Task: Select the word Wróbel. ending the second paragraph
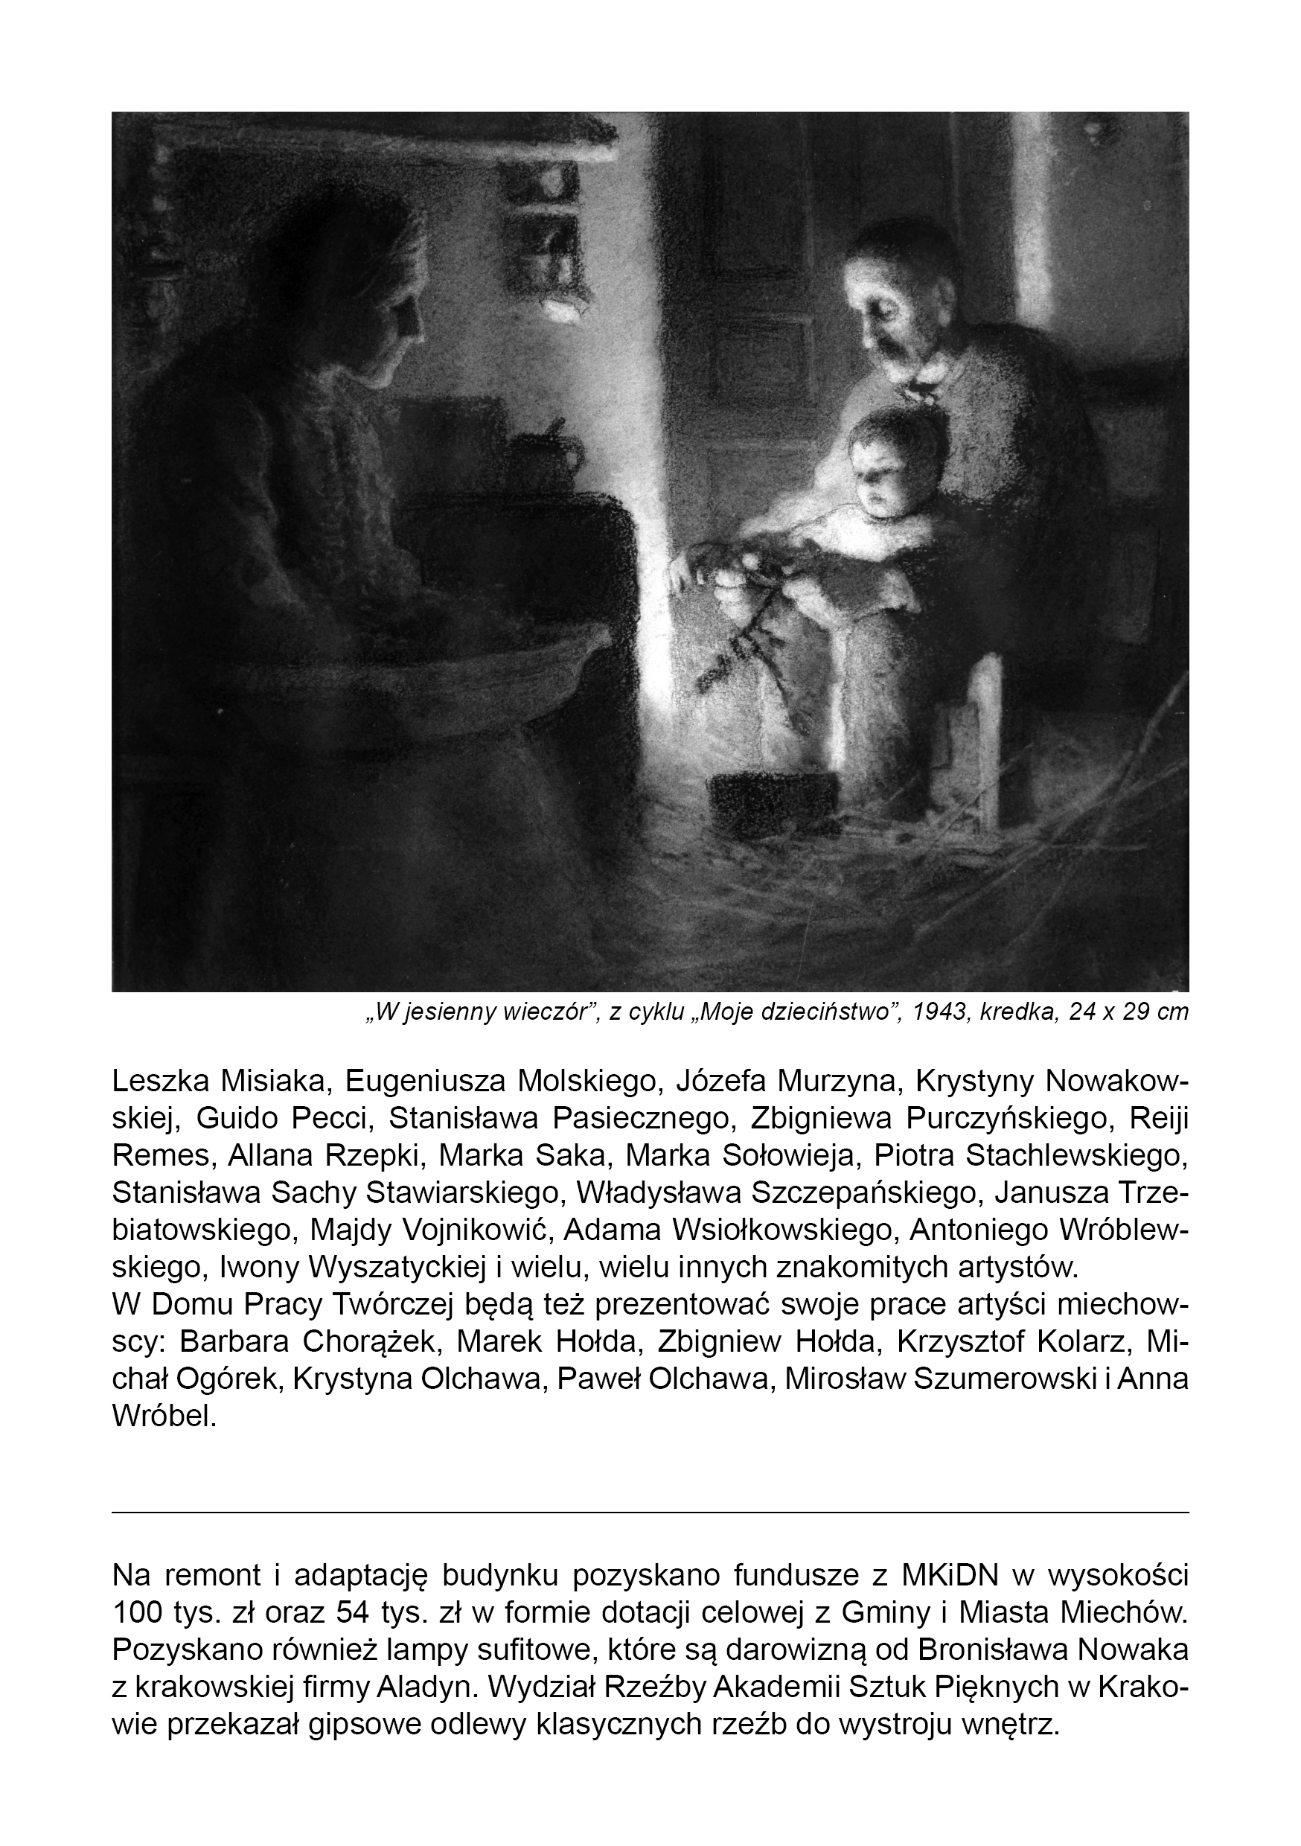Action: click(164, 1415)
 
